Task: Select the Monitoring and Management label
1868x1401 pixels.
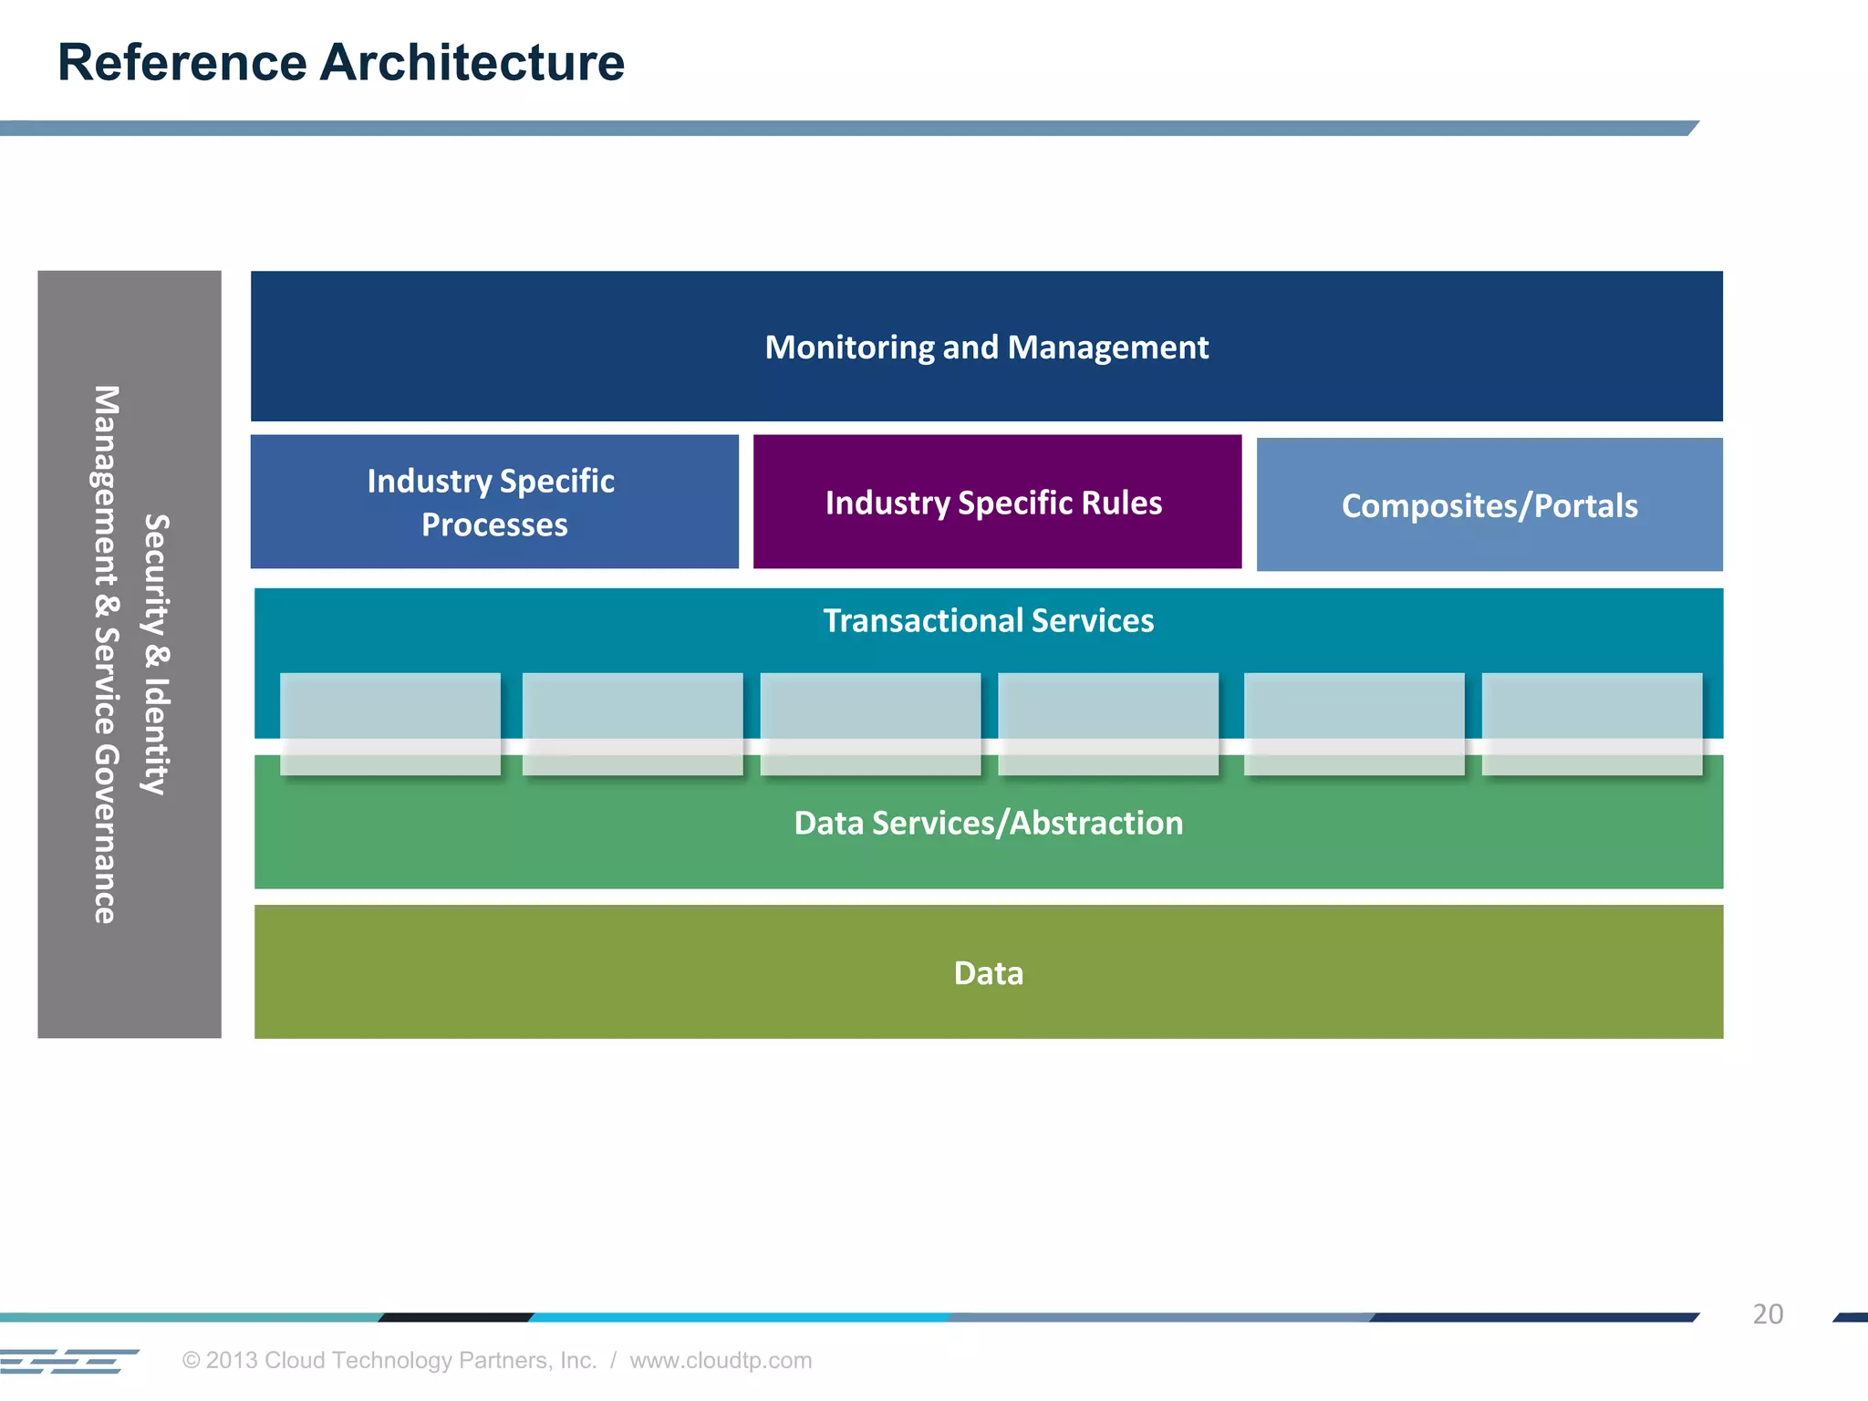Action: pos(986,348)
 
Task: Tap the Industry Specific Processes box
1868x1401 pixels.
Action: pos(493,502)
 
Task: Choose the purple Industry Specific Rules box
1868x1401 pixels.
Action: pos(996,503)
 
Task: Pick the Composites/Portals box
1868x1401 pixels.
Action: pos(1489,506)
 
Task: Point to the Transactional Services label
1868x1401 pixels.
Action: pos(988,621)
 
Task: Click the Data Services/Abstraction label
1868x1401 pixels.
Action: pos(988,824)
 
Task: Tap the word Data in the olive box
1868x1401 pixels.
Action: pos(988,973)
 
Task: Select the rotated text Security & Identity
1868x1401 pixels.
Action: pos(157,654)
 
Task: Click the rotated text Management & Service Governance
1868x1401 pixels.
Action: pos(106,654)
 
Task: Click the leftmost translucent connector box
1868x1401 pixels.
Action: pos(389,724)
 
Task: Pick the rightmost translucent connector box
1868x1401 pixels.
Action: pos(1592,724)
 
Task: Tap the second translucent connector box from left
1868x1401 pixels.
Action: pos(632,724)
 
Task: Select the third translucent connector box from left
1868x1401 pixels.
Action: pos(870,724)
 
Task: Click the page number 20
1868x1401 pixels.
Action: pos(1767,1314)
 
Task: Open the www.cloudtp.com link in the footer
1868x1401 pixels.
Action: pos(721,1361)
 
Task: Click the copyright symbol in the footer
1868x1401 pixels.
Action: pos(191,1361)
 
